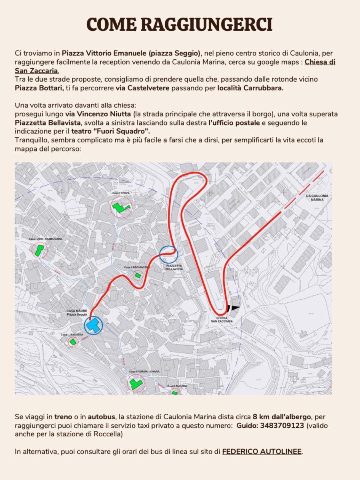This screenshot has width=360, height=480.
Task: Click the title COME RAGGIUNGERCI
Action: [x=180, y=24]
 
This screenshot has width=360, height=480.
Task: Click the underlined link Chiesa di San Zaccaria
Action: [x=320, y=62]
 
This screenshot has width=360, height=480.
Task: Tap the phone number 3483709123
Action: [x=282, y=426]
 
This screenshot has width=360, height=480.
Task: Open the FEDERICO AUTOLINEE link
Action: [x=262, y=452]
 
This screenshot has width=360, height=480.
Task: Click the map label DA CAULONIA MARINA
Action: [x=317, y=197]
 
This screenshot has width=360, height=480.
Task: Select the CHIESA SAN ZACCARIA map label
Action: [x=222, y=319]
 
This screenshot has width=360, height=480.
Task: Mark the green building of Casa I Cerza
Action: [x=120, y=207]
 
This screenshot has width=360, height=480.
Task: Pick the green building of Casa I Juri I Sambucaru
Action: [x=39, y=251]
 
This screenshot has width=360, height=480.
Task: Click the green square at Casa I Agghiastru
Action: [x=138, y=275]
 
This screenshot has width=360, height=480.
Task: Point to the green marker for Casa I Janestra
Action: [x=72, y=341]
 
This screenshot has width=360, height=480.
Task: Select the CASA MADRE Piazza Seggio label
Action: [x=76, y=312]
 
